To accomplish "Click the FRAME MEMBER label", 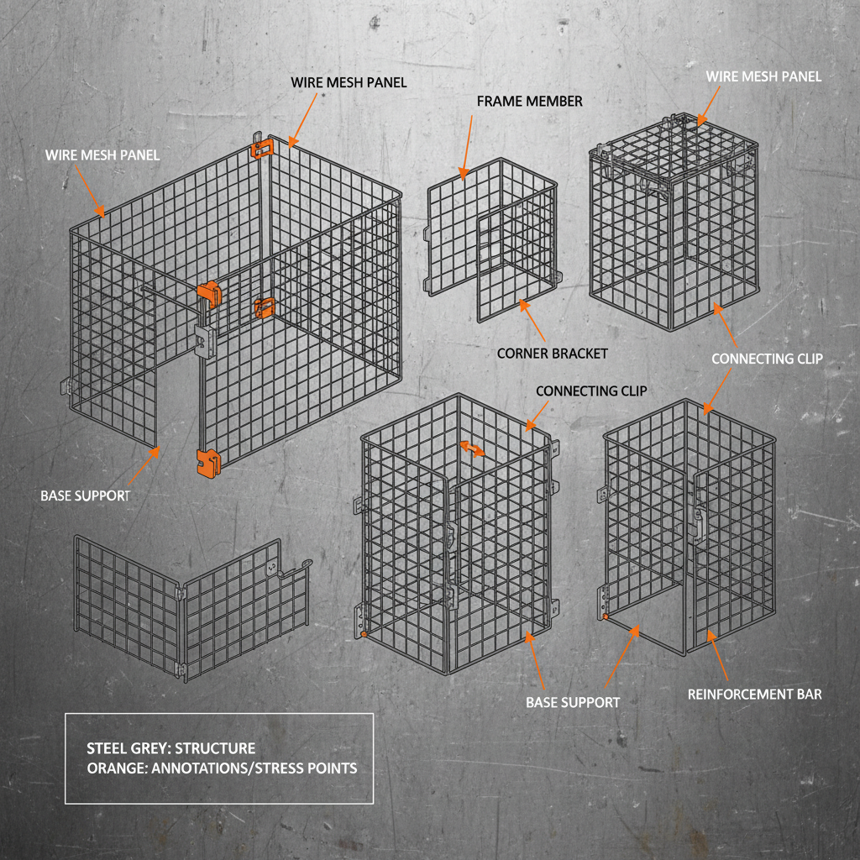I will point(529,102).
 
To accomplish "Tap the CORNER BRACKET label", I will point(552,354).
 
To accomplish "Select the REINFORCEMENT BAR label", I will point(754,695).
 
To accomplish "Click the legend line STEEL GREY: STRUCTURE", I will point(171,748).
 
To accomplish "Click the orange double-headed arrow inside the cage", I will point(471,448).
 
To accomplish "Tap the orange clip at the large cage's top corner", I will point(262,147).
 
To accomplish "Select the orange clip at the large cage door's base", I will point(207,463).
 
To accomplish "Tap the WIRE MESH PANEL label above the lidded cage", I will point(763,76).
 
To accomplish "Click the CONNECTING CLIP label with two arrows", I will point(767,359).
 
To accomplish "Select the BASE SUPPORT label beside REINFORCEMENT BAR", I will point(573,701).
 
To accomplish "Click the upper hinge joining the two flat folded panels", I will point(181,592).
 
